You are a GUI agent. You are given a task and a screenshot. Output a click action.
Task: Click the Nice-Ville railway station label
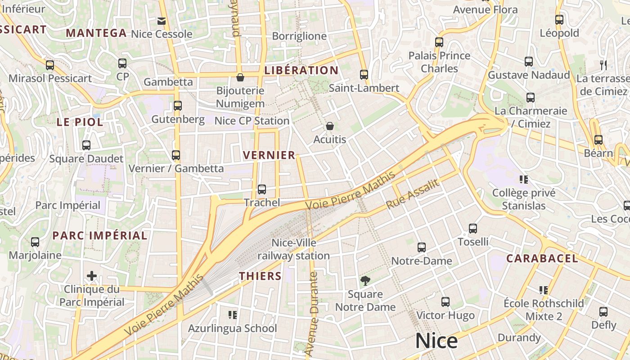tap(293, 249)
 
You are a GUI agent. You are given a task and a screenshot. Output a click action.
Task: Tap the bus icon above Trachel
tap(262, 189)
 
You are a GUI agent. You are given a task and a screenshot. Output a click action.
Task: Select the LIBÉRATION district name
tap(301, 70)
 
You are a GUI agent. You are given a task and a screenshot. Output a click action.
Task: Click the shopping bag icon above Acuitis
tap(330, 126)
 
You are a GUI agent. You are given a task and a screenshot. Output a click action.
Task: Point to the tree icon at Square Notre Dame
tap(365, 281)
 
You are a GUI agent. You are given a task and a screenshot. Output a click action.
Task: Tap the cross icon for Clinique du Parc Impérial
tap(92, 275)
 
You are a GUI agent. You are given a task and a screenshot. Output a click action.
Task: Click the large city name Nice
tap(436, 341)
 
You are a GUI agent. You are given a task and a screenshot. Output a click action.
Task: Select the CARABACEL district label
tap(542, 258)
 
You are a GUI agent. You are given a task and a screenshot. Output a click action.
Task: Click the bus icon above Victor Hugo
tap(445, 302)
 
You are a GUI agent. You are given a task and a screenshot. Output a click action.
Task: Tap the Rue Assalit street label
tap(412, 194)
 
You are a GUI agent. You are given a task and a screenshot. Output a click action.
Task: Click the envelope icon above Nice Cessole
tap(162, 21)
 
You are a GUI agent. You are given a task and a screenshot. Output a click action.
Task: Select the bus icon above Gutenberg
tap(178, 106)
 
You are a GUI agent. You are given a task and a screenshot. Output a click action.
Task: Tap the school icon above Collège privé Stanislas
tap(523, 180)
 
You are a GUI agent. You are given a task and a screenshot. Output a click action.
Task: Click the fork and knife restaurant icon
tap(603, 65)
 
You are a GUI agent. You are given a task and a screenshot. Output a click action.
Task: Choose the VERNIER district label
tap(269, 155)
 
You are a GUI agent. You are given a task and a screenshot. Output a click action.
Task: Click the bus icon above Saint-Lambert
tap(364, 75)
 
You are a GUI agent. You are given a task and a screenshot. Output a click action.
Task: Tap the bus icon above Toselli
tap(473, 229)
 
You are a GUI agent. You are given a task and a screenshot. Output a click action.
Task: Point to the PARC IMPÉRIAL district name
tap(99, 235)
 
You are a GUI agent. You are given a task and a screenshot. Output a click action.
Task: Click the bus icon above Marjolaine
tap(35, 242)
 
